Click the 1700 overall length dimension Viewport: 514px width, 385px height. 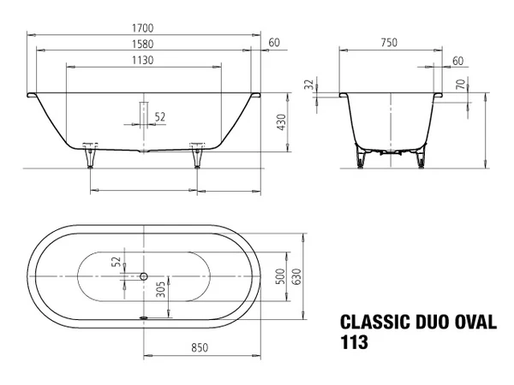pos(142,28)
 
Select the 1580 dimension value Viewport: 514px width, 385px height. pos(142,44)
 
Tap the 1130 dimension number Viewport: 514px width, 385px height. pos(142,61)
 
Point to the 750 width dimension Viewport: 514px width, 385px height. pos(389,43)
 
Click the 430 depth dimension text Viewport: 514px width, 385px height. pos(282,122)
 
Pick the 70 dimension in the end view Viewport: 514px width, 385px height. pos(461,84)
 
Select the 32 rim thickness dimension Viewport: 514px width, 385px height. pos(309,85)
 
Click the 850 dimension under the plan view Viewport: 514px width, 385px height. pos(200,347)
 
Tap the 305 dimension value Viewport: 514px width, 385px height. pos(161,289)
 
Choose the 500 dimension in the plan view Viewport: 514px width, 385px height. pos(281,276)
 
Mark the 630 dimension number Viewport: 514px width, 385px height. pos(296,276)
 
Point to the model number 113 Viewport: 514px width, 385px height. pos(354,342)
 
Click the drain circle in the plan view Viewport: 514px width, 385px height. pos(144,276)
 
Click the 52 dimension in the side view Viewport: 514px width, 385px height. pos(160,117)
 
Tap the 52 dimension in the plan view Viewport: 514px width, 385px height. pos(117,262)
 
